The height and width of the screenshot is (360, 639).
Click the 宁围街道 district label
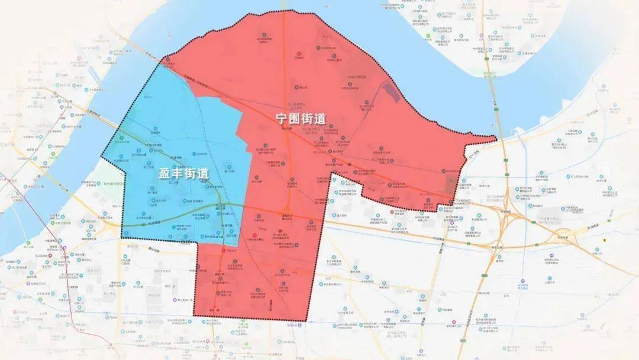tap(301, 118)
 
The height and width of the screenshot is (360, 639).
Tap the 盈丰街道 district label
tap(183, 173)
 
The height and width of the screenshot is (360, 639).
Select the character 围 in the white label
tap(295, 118)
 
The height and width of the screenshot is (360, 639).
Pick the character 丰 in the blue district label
tap(177, 173)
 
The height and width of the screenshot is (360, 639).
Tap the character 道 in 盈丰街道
tap(202, 173)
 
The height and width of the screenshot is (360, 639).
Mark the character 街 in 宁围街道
tap(308, 118)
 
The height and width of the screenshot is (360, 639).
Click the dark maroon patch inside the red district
tap(391, 91)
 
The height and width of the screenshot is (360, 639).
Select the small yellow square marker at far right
tap(605, 240)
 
